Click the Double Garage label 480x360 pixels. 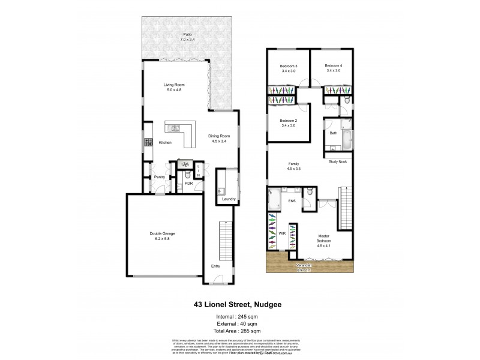click(x=162, y=236)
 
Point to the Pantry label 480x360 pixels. click(x=160, y=177)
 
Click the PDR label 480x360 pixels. click(x=188, y=184)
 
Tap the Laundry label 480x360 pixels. click(x=227, y=199)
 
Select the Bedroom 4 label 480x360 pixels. click(x=333, y=68)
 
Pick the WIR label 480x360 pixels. click(x=281, y=233)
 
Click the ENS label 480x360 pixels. click(x=292, y=201)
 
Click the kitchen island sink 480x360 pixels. click(x=176, y=128)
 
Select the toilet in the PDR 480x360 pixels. click(x=188, y=175)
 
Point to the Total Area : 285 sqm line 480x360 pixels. click(x=239, y=331)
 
